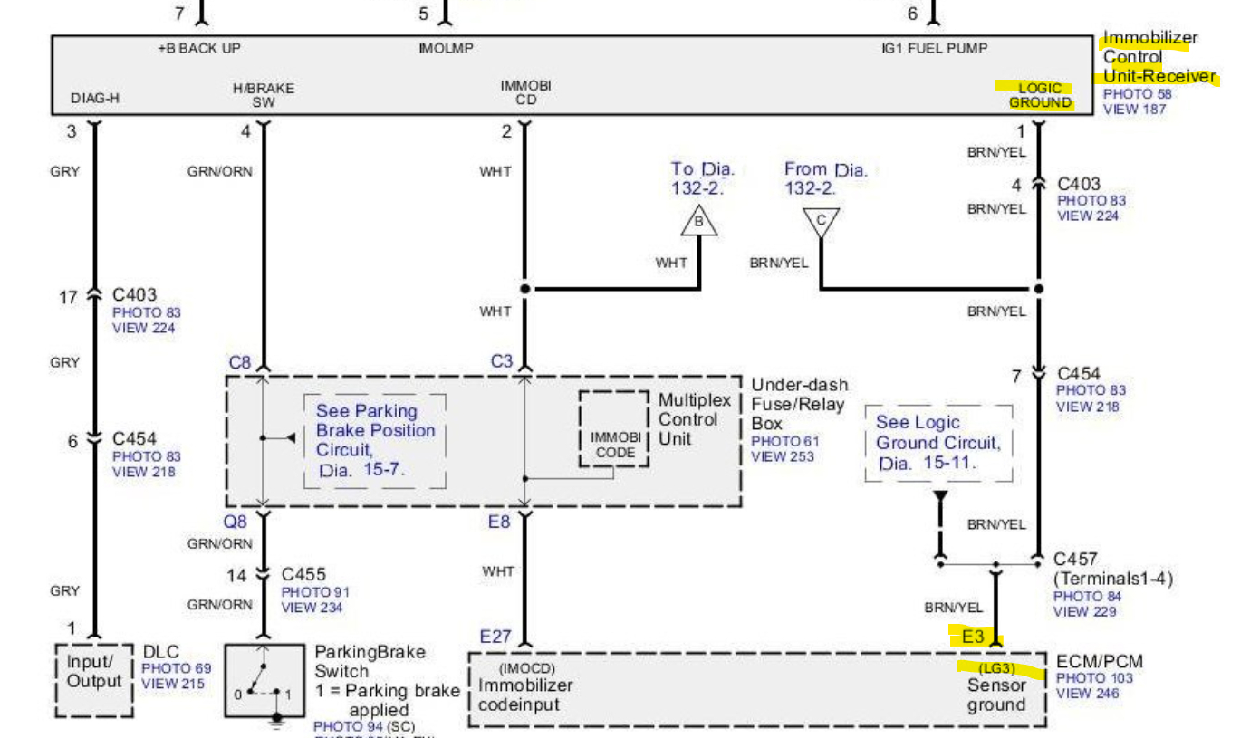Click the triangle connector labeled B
click(698, 221)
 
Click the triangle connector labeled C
click(821, 221)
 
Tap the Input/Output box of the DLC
click(91, 671)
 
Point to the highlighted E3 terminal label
click(973, 637)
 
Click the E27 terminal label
click(495, 637)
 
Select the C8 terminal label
click(239, 362)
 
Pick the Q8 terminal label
click(236, 521)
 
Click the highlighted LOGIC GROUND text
click(1040, 95)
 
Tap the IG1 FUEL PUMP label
click(934, 47)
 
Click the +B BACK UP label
click(199, 47)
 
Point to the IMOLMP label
click(446, 47)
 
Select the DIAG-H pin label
click(95, 98)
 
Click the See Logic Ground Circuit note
click(938, 443)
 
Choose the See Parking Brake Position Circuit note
click(375, 440)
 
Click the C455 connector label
click(303, 574)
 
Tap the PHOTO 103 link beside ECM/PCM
click(1094, 678)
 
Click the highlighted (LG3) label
click(995, 669)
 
